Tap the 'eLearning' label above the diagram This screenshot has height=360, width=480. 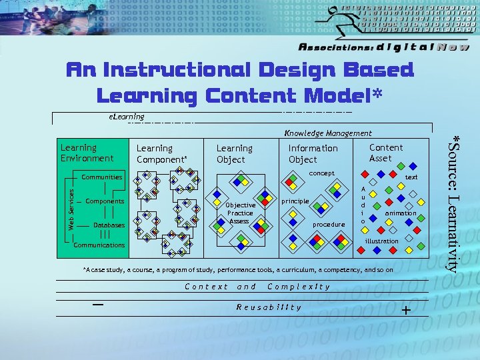[126, 117]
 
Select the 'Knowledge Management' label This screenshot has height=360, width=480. [327, 133]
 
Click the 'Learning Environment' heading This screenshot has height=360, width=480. [87, 153]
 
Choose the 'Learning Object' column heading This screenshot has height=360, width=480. [234, 154]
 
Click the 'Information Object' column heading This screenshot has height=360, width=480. [313, 154]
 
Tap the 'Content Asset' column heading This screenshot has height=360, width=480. [386, 153]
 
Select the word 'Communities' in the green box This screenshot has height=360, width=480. [102, 177]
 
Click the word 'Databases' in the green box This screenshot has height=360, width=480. [109, 225]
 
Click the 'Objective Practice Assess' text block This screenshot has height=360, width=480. [240, 213]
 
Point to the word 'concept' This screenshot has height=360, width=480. [321, 173]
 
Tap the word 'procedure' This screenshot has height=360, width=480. [329, 225]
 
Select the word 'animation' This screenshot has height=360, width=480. [400, 213]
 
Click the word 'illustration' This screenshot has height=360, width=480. [381, 241]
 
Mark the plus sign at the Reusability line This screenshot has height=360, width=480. [406, 310]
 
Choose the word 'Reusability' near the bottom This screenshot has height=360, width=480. [269, 307]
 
